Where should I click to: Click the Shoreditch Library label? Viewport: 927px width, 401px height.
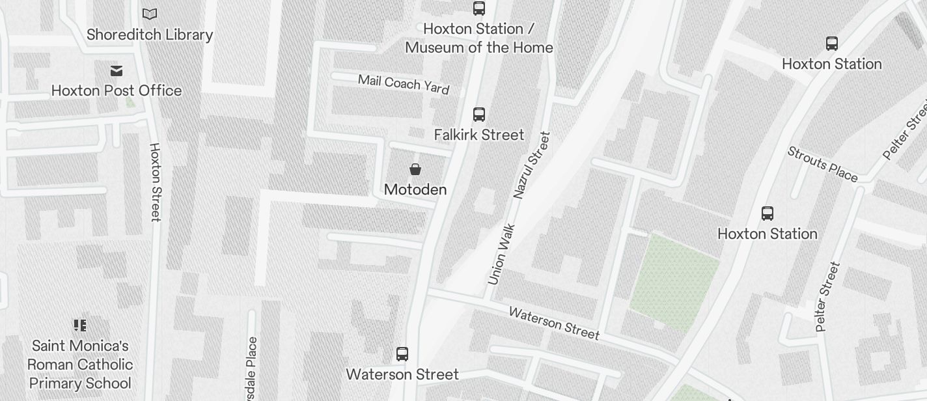coord(150,35)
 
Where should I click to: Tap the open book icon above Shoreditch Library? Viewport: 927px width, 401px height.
coord(150,14)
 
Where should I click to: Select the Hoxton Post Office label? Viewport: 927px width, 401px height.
coord(117,90)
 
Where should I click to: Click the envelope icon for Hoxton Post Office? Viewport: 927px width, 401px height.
coord(117,70)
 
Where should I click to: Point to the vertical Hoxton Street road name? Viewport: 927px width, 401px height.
coord(155,182)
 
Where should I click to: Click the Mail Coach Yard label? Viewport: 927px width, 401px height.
coord(404,84)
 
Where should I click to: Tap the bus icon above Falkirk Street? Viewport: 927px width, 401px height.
coord(479,115)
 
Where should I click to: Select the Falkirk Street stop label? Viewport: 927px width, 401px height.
coord(479,135)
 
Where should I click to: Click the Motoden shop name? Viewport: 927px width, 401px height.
coord(415,189)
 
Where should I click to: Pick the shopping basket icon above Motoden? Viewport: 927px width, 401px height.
coord(415,169)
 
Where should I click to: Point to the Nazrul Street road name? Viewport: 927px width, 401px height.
coord(532,165)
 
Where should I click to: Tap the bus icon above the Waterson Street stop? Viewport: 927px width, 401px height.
coord(402,354)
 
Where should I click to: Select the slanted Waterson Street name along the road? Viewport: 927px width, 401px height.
coord(554,323)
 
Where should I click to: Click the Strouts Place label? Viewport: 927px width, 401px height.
coord(822,164)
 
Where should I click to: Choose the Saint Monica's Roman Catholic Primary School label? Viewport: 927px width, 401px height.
coord(80,365)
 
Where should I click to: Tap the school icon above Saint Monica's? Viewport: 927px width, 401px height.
coord(80,325)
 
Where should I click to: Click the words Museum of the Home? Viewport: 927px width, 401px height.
coord(479,48)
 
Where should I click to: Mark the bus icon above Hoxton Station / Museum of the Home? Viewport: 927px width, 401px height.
coord(479,8)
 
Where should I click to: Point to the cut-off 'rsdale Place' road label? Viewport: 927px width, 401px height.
coord(253,368)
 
